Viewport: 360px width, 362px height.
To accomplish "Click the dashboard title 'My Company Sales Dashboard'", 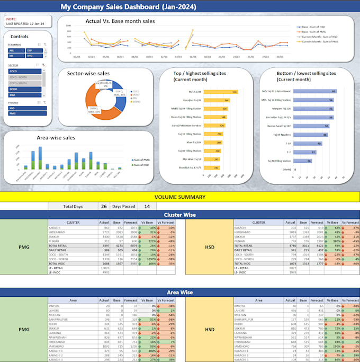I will (x=128, y=7).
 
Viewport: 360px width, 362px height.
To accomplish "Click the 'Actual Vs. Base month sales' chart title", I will (x=120, y=21).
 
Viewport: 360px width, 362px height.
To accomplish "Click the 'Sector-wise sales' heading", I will (x=89, y=74).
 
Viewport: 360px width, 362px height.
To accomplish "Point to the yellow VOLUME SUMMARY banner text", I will (x=179, y=197).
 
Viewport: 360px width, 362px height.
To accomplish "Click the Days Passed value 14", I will (x=147, y=206).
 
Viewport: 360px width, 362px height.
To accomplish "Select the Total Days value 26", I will (x=103, y=206).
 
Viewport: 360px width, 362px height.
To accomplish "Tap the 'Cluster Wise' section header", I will (x=179, y=215).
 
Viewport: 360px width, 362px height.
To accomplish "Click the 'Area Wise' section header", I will (x=179, y=292).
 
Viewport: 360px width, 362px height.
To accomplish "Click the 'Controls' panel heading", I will (x=20, y=37).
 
